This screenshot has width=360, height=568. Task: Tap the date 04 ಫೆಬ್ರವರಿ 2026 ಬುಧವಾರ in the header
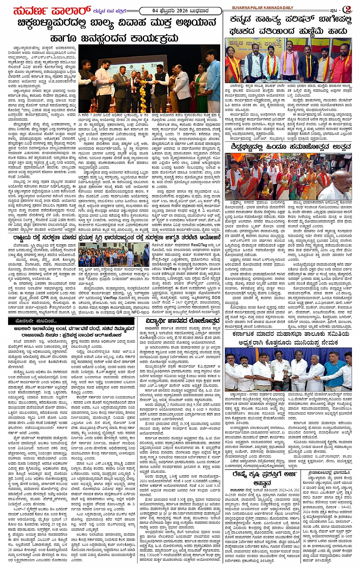click(178, 10)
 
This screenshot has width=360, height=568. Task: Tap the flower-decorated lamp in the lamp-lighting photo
click(143, 86)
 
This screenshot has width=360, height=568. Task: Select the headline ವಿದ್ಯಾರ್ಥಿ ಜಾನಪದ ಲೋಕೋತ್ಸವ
click(182, 320)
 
